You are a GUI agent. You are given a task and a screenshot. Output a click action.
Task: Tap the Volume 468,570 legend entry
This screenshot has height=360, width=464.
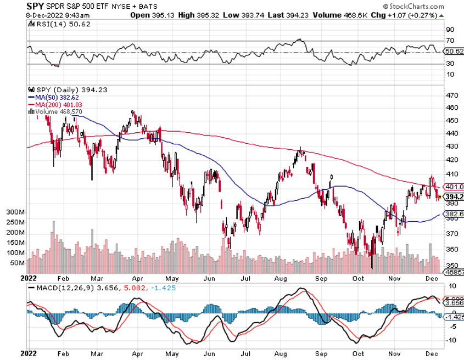click(x=59, y=111)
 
